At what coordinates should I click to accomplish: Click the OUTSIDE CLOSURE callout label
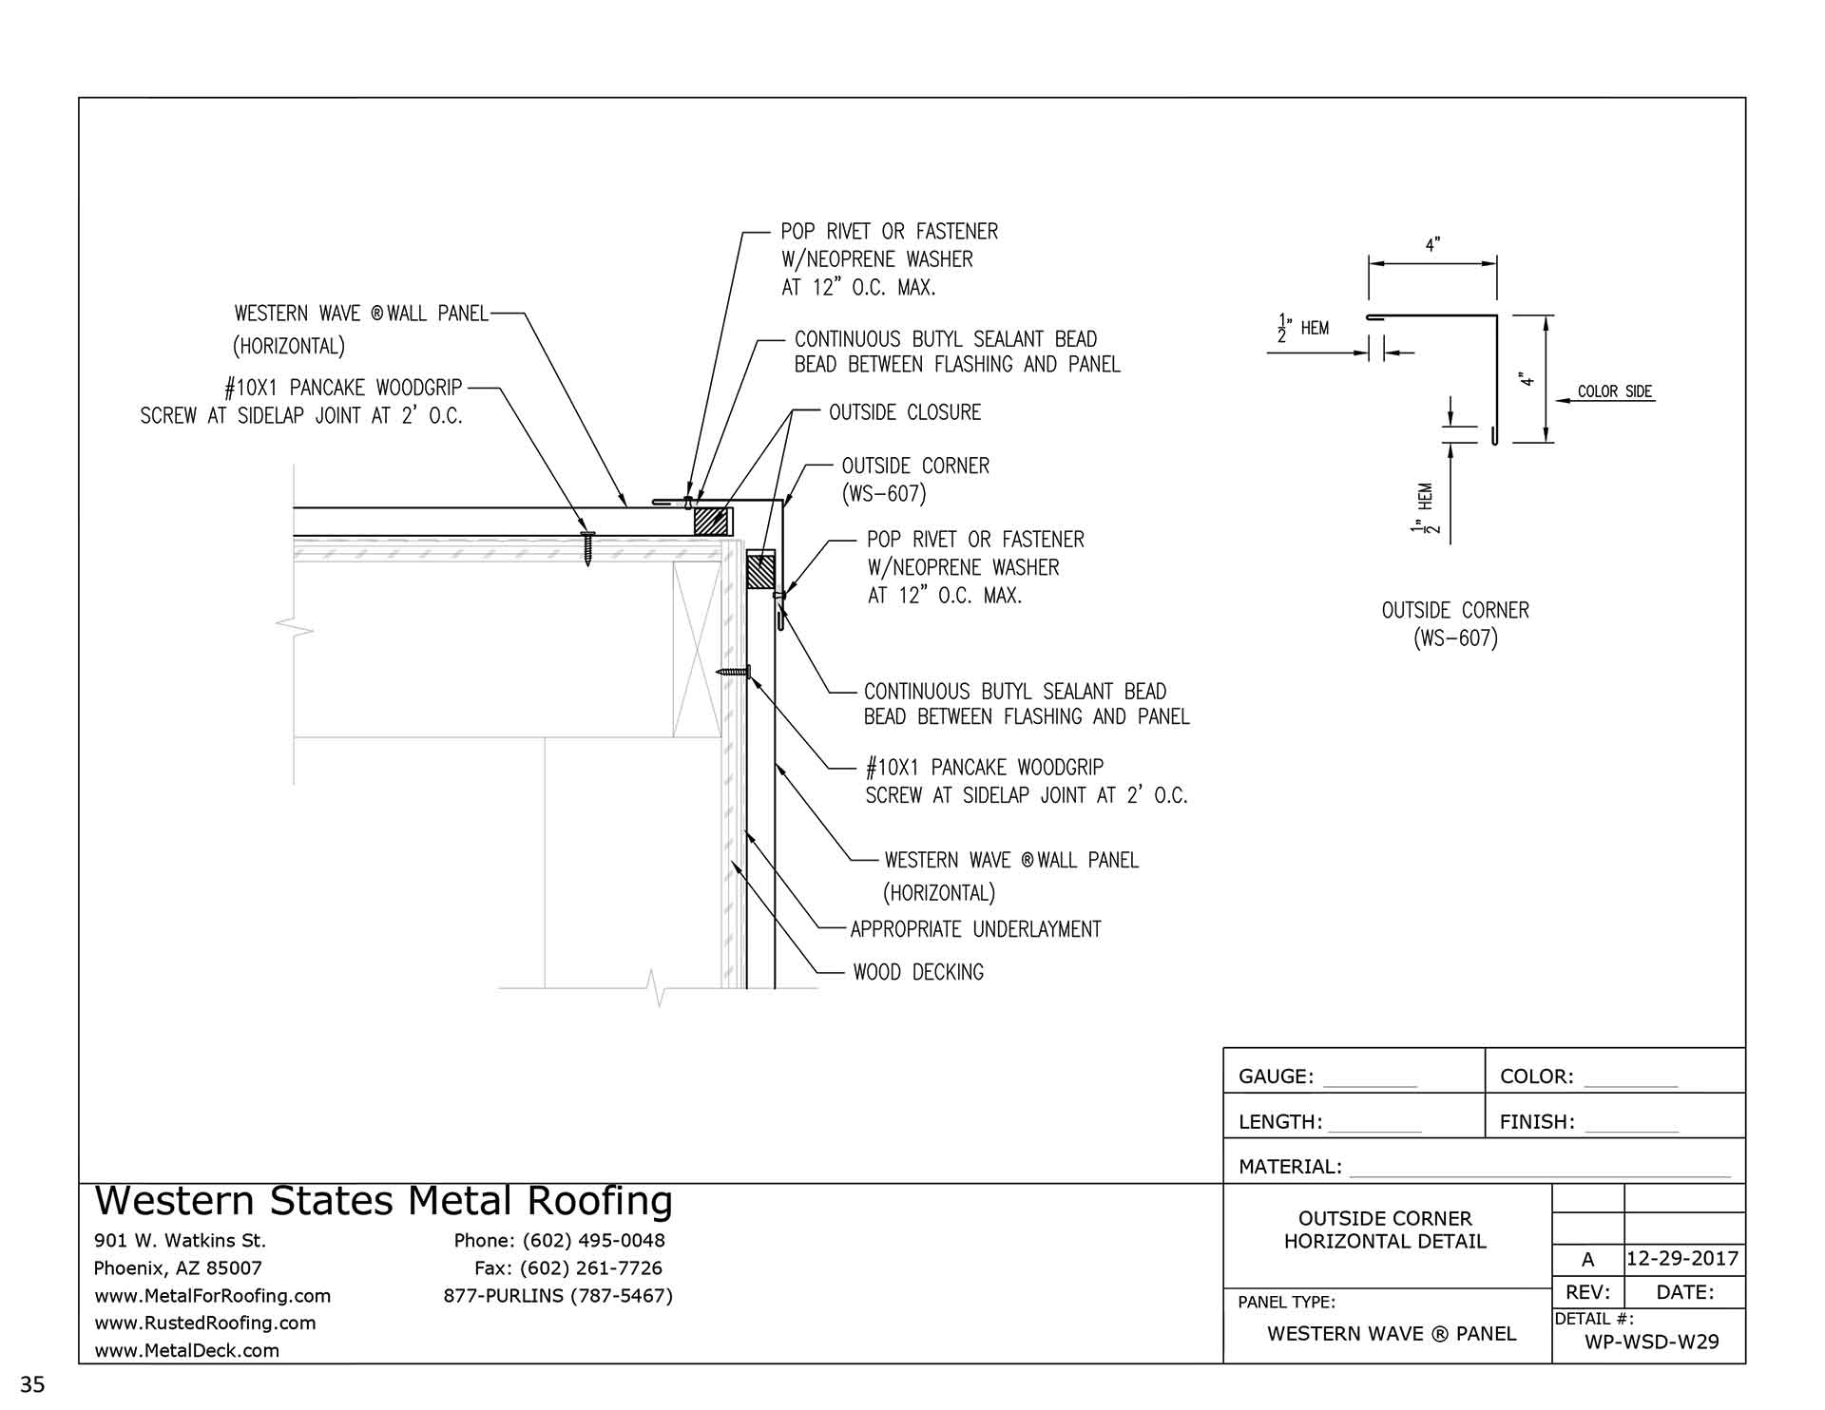click(904, 412)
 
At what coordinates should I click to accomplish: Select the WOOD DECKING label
click(918, 972)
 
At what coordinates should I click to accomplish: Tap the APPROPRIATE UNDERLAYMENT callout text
click(975, 929)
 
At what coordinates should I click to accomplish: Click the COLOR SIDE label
click(1615, 391)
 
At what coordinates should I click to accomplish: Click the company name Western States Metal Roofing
click(384, 1201)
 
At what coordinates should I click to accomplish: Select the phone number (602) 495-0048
click(593, 1240)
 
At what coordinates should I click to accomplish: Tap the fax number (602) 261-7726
click(591, 1267)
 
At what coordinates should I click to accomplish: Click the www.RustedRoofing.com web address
click(204, 1323)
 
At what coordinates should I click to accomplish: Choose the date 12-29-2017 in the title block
click(1682, 1259)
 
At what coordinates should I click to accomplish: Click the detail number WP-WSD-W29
click(1652, 1342)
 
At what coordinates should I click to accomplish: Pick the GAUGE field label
click(1276, 1077)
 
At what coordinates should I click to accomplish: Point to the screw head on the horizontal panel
click(587, 535)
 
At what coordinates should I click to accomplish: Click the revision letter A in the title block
click(1587, 1260)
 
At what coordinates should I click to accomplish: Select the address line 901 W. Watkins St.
click(180, 1240)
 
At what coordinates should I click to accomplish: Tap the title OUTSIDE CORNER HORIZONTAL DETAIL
click(1385, 1229)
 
